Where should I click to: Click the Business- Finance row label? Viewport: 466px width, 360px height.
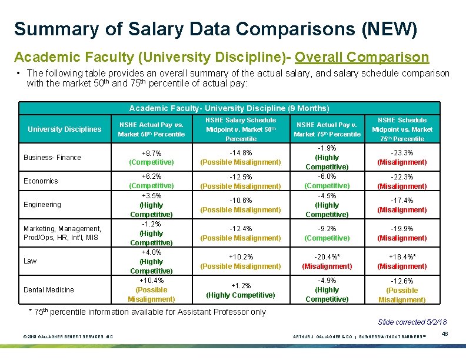click(x=52, y=158)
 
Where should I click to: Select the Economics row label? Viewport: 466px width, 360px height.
click(x=41, y=181)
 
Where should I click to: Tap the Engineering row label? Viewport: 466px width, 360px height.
click(x=42, y=205)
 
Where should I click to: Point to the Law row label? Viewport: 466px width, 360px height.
click(x=30, y=261)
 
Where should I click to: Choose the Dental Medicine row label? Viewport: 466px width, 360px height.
click(x=49, y=289)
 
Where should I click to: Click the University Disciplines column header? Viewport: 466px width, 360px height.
click(x=65, y=129)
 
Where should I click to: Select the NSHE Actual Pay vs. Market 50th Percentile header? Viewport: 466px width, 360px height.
click(x=151, y=129)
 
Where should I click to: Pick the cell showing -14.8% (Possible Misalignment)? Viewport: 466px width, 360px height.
click(x=241, y=158)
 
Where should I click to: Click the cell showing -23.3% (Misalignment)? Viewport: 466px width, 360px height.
click(x=402, y=158)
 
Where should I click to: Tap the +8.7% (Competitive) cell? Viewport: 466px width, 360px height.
click(x=151, y=158)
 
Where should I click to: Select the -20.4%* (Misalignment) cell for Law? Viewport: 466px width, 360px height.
click(x=327, y=262)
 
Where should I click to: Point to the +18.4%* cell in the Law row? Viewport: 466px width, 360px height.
click(x=402, y=262)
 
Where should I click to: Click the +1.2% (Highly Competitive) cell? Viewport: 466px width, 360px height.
click(x=241, y=290)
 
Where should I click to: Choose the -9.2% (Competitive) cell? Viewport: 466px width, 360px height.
click(x=327, y=234)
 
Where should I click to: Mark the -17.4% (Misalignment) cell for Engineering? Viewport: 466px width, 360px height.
click(x=402, y=205)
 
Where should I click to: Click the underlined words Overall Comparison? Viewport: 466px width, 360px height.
click(x=362, y=57)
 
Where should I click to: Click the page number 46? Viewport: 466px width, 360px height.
click(x=445, y=334)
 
